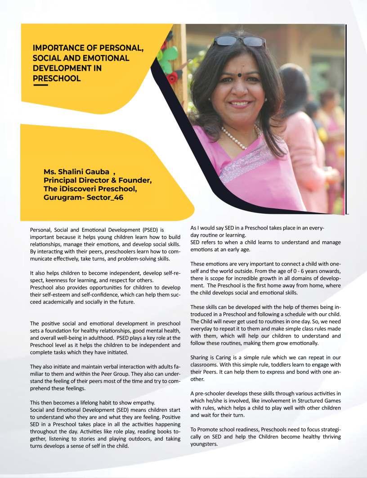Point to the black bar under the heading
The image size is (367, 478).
point(40,85)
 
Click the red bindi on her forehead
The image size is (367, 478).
point(241,74)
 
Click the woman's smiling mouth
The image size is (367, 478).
point(241,104)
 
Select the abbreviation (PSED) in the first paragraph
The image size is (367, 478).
point(152,230)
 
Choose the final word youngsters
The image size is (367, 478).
point(204,444)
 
